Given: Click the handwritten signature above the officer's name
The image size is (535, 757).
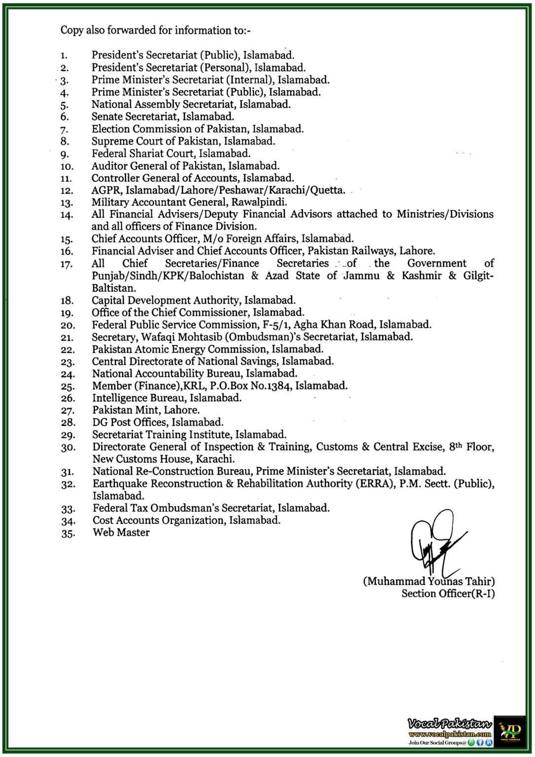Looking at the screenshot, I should click(x=435, y=542).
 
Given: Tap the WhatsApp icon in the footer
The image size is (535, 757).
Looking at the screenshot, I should click(x=471, y=742).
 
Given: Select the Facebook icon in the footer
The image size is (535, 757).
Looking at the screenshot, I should click(x=480, y=742).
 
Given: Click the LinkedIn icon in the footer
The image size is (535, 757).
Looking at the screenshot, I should click(x=489, y=742).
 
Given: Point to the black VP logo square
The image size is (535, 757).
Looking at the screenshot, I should click(x=509, y=731).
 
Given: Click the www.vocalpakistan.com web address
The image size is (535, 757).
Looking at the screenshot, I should click(x=449, y=734).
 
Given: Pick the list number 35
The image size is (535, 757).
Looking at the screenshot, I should click(x=67, y=533).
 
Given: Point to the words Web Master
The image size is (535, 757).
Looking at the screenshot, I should click(x=121, y=532).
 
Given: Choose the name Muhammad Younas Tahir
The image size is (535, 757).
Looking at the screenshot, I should click(x=429, y=582).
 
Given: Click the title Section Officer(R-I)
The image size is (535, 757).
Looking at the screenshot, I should click(x=448, y=594).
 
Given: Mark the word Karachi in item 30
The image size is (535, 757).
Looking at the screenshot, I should click(x=215, y=459).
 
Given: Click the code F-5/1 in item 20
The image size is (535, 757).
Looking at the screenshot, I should click(x=276, y=325).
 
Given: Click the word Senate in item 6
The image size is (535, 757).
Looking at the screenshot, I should click(x=107, y=117).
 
